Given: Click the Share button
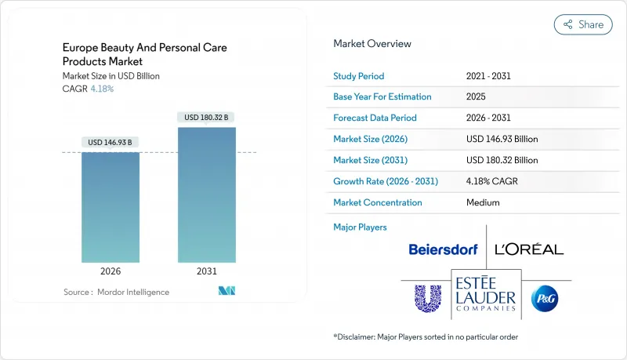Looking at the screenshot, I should [583, 24].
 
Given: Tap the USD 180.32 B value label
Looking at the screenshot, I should [207, 118].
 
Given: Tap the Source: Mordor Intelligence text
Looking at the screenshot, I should [116, 292].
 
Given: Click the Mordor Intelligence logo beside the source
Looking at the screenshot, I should [227, 292].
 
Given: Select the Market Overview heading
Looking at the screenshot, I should [371, 44].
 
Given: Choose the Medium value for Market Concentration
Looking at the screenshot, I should [482, 202].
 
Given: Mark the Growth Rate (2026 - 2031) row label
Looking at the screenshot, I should [386, 181].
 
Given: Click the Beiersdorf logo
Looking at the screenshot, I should [443, 249].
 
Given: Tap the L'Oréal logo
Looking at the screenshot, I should [529, 249].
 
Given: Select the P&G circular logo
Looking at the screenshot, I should [544, 298].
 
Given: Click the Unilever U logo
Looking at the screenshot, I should [429, 297].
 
